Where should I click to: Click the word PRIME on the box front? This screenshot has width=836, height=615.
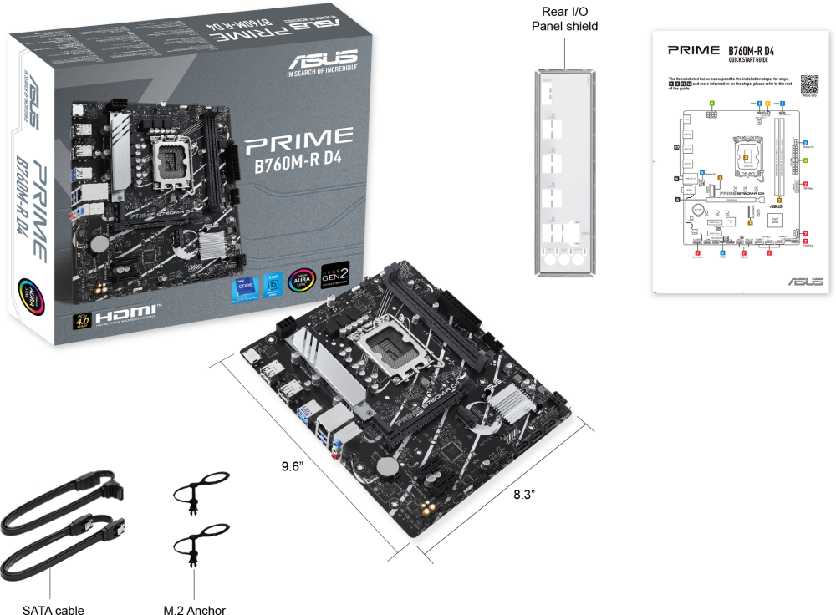[298, 137]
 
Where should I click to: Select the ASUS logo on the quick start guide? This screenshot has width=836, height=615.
[804, 282]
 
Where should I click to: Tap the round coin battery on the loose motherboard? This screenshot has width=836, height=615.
[385, 469]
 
